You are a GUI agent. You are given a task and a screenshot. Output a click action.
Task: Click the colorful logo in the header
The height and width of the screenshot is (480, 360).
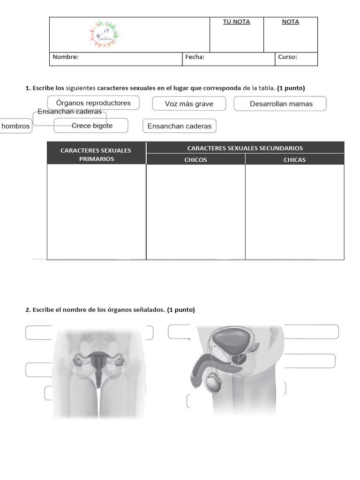pos(104,35)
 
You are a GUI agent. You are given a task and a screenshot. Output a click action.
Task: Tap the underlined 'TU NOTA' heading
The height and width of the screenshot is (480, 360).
pos(236,22)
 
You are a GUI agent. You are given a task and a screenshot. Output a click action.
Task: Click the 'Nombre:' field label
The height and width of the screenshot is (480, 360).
pos(66,57)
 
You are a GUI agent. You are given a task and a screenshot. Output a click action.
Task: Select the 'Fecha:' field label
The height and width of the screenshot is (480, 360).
pos(195,57)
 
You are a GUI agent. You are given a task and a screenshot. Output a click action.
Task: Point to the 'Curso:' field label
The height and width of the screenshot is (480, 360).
pos(287,57)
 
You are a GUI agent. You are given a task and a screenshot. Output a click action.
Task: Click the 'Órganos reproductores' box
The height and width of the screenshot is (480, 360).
pos(93,103)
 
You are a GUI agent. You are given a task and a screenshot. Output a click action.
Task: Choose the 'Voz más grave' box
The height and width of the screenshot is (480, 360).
pos(189,104)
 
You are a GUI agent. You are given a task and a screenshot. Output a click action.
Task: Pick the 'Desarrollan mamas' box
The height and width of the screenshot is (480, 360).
pos(280,104)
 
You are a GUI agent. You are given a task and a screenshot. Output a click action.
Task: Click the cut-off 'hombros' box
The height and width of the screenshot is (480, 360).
pos(15,126)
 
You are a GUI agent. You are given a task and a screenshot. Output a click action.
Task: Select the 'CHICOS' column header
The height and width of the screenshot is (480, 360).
pos(195,160)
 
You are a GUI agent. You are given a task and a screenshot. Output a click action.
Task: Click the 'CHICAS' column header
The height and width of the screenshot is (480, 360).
pos(294,160)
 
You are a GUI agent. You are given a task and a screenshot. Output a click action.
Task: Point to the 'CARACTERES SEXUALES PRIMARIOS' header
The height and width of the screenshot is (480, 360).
pos(96,155)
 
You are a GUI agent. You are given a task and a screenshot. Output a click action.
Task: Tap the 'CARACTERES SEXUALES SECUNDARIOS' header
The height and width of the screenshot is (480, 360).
pos(245,148)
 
